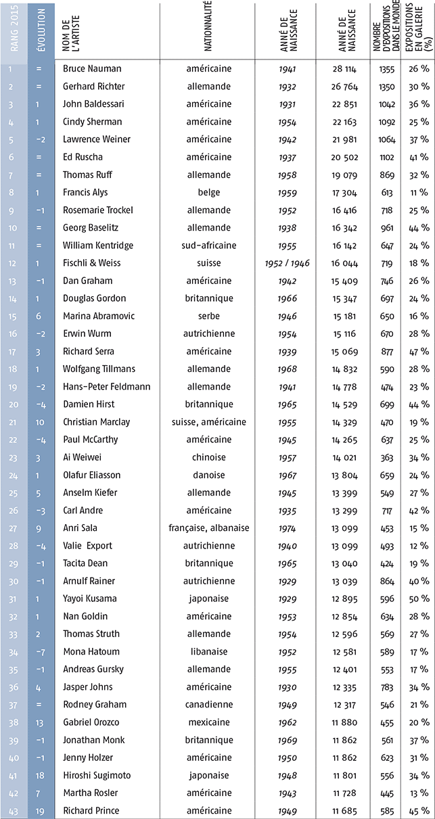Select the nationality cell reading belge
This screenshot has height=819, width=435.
point(208,192)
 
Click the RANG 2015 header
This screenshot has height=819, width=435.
point(14,31)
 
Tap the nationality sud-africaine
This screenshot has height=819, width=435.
point(208,245)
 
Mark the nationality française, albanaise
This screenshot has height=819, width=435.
point(208,527)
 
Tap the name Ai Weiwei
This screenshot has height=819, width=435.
point(81,457)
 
